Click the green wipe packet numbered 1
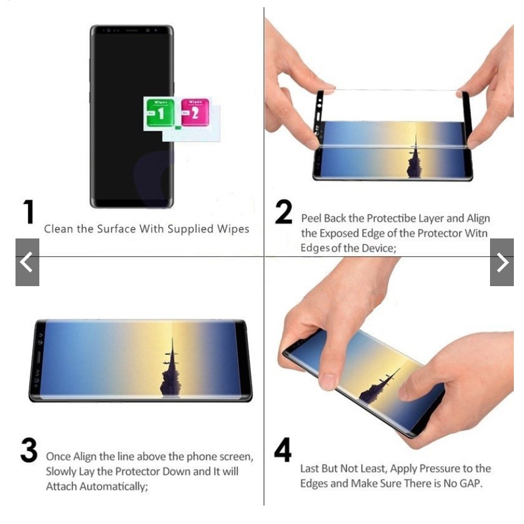coord(160,113)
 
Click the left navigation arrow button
coord(27,262)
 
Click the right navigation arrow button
coord(501,262)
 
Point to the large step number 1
coord(29,212)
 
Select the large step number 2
coord(284,212)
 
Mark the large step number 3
coord(29,451)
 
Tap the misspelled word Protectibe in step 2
coord(391,219)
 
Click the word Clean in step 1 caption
coord(58,229)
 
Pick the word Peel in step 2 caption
coord(311,219)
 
